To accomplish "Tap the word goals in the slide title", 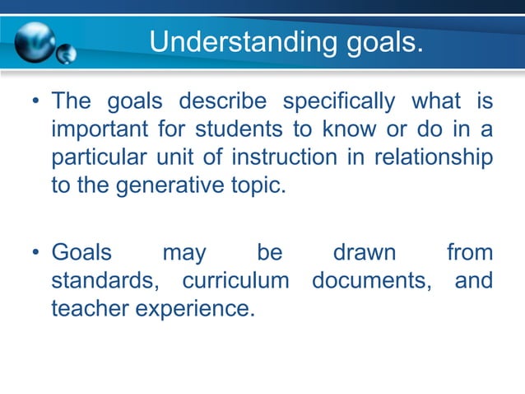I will (371, 40).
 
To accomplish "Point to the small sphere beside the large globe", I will (67, 54).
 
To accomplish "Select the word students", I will (234, 131).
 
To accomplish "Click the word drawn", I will (364, 252).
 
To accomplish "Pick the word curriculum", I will (235, 280).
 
